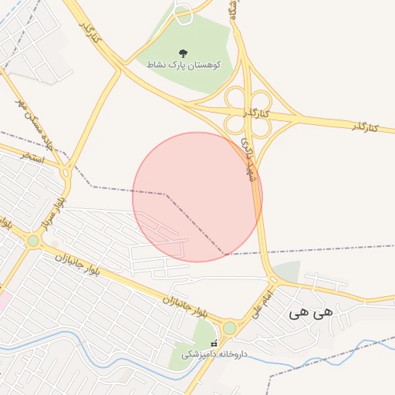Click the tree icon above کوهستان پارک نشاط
[183, 53]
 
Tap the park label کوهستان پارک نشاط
[185, 66]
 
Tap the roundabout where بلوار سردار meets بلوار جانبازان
[33, 241]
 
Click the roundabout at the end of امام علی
[229, 328]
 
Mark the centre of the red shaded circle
[197, 197]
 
